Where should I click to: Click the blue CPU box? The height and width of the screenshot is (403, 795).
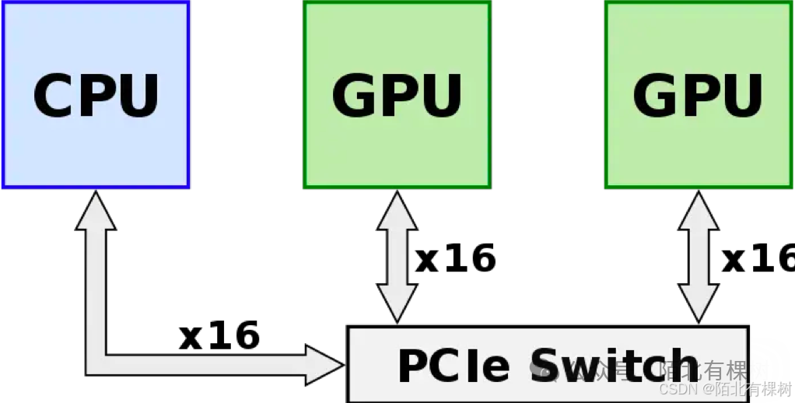tap(96, 94)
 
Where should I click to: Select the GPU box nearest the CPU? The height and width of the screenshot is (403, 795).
tap(397, 94)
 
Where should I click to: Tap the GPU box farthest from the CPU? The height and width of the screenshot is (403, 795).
tap(698, 94)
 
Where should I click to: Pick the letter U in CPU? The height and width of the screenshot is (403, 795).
tap(137, 95)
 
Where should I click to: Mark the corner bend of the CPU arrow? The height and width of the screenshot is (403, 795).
tap(96, 363)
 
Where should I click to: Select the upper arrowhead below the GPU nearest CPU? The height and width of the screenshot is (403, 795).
tap(397, 212)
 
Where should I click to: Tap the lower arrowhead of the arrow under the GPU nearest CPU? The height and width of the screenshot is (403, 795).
tap(397, 303)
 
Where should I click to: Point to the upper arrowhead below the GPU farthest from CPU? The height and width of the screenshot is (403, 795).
tap(698, 212)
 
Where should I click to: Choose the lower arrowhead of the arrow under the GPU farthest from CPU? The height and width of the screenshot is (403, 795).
tap(698, 303)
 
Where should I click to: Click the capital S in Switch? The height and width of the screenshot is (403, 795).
tap(549, 366)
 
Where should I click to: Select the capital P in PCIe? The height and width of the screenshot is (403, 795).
tap(413, 366)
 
